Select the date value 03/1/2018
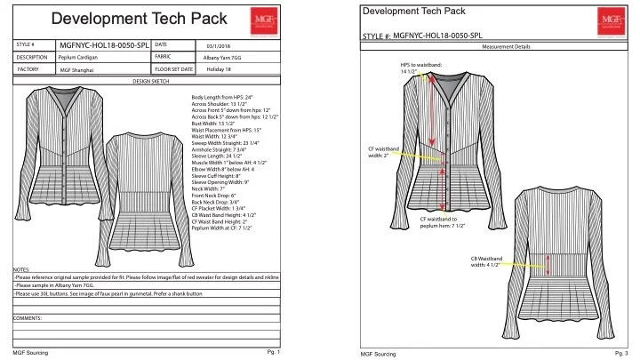(x=218, y=45)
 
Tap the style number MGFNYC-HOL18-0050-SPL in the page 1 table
(x=105, y=44)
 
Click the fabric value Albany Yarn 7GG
(x=212, y=57)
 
